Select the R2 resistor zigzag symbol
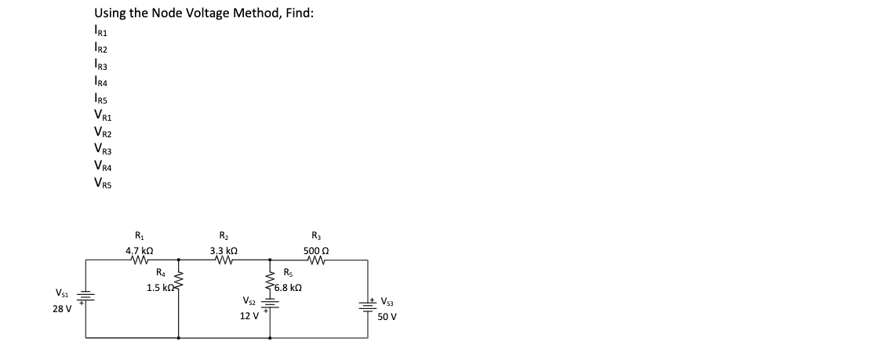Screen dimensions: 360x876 (x=225, y=259)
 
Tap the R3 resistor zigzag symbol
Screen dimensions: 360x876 (x=315, y=259)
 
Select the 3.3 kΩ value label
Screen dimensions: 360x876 (x=225, y=249)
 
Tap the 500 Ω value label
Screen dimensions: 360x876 (x=315, y=249)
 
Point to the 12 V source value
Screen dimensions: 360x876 (x=249, y=316)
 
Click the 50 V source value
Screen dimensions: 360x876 (x=387, y=317)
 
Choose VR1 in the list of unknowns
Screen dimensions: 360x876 (x=102, y=116)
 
